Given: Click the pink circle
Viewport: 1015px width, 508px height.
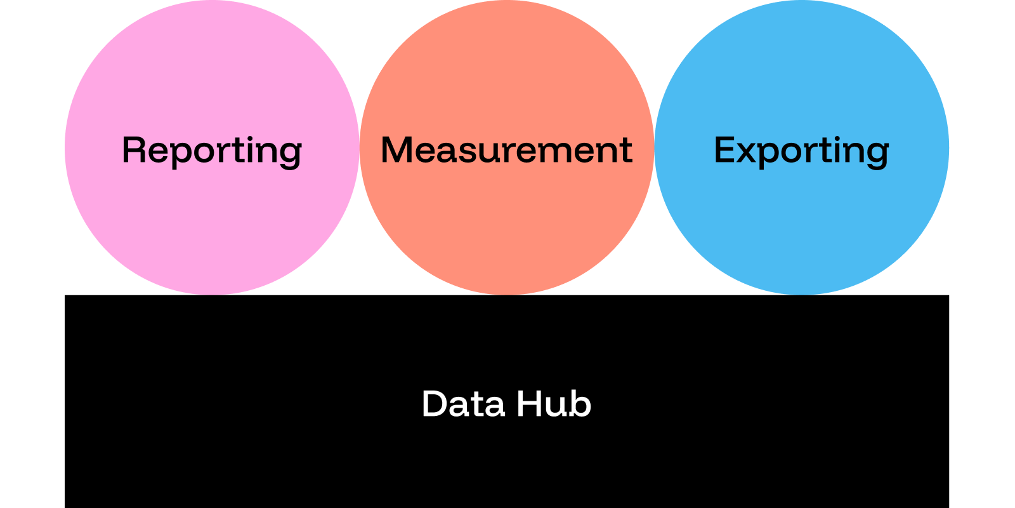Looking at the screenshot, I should [212, 216].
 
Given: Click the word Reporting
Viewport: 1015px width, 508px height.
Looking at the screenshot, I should [212, 150].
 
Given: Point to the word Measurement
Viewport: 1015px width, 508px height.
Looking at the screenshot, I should [506, 150].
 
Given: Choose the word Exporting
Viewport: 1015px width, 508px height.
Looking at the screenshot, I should [801, 150].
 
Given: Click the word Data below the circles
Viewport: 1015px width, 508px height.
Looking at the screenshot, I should [463, 404].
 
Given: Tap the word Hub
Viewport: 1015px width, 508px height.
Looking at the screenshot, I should [554, 404].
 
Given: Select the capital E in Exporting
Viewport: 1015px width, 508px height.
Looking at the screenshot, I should [724, 150].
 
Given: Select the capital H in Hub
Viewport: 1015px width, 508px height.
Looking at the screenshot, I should [529, 404].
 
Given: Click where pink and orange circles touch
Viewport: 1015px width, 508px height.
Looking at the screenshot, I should [360, 147].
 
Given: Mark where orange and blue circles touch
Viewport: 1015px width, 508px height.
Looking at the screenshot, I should [654, 147].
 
